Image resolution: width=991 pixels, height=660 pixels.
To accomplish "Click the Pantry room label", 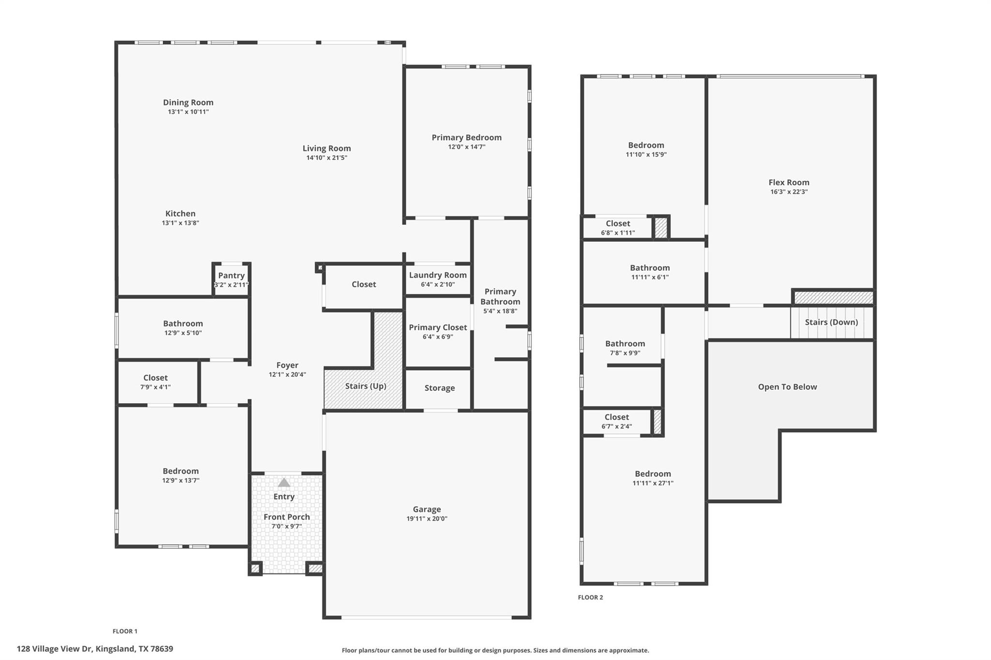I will tap(231, 276).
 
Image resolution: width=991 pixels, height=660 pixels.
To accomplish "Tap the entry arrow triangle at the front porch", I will tap(284, 483).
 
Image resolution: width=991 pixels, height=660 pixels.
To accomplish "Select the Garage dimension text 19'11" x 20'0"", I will tap(427, 519).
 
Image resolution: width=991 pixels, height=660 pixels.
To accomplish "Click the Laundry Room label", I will tap(437, 275).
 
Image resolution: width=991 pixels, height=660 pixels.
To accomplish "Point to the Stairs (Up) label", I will tap(365, 386).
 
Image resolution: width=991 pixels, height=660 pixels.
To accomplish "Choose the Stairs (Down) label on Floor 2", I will tap(831, 322).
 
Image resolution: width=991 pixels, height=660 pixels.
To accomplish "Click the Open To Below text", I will tap(787, 387).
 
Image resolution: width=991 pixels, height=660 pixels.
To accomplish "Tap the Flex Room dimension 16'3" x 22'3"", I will tap(789, 191).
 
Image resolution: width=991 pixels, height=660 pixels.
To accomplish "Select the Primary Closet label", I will tap(437, 327).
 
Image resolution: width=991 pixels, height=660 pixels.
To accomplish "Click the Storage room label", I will tap(439, 388).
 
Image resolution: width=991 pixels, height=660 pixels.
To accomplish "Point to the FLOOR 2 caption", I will tap(590, 597).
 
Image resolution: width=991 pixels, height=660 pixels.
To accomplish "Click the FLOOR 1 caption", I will tap(125, 631).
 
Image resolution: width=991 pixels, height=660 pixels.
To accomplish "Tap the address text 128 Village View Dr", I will tap(95, 649).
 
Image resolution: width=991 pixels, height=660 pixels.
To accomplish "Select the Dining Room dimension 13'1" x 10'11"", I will tap(188, 112).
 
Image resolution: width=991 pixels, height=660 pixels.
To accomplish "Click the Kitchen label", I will tap(180, 214).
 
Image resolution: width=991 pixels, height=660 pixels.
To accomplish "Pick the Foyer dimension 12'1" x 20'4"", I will tap(287, 374).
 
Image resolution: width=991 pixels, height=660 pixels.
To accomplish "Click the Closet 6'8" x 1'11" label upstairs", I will tap(618, 223).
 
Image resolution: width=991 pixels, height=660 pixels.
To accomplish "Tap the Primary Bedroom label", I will tap(466, 137).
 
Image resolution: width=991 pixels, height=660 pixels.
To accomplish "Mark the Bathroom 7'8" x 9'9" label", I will tap(625, 344).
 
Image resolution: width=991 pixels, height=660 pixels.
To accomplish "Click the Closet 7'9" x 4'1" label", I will tap(155, 378).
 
